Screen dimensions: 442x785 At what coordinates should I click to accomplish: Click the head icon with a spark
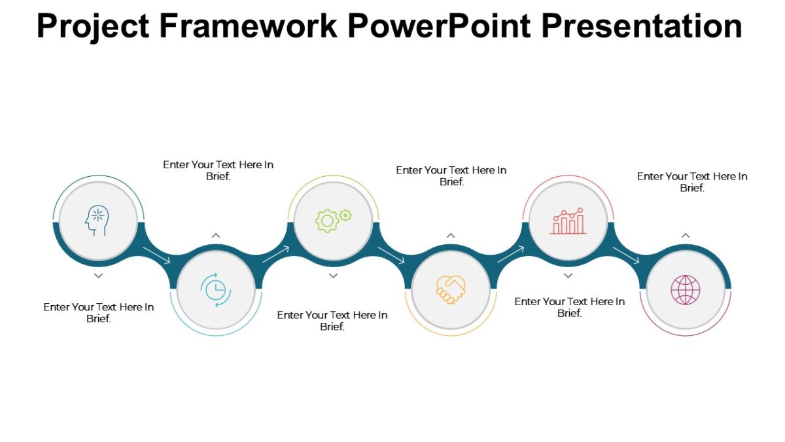[96, 221]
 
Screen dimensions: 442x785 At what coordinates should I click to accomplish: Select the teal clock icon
[215, 289]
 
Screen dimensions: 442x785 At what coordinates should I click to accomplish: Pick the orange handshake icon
[451, 289]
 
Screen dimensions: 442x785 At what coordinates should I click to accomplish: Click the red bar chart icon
[568, 221]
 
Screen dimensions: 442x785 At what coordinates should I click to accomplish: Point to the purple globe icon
[685, 289]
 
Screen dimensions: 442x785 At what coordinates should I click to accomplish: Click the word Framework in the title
[248, 26]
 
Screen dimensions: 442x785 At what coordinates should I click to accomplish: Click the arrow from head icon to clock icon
[157, 255]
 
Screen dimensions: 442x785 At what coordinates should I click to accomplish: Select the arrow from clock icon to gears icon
[275, 255]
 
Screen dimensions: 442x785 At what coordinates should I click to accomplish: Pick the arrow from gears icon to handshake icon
[391, 255]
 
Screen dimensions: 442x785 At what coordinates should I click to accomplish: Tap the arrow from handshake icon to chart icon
[511, 255]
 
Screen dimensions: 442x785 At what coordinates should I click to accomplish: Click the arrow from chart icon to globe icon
[626, 255]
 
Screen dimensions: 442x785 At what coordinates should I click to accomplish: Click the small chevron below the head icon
[98, 276]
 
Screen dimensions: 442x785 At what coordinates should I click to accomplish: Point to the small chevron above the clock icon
[216, 235]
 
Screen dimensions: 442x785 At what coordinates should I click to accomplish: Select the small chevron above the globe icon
[685, 235]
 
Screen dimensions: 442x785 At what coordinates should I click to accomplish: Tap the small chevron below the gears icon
[333, 276]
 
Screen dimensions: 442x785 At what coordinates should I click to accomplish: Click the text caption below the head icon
[99, 313]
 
